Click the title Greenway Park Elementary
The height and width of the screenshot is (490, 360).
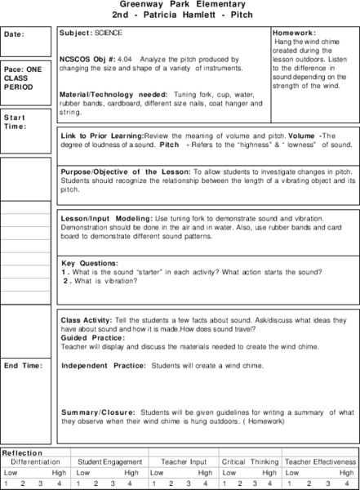point(180,5)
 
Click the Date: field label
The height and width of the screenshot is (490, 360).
point(15,34)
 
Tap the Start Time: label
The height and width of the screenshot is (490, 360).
point(16,122)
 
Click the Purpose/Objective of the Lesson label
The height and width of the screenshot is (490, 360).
point(125,172)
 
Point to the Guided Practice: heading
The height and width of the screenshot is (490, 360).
point(93,337)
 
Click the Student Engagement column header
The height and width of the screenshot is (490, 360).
point(110,462)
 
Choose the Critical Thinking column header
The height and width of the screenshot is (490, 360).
point(249,462)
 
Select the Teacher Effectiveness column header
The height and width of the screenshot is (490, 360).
point(320,462)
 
